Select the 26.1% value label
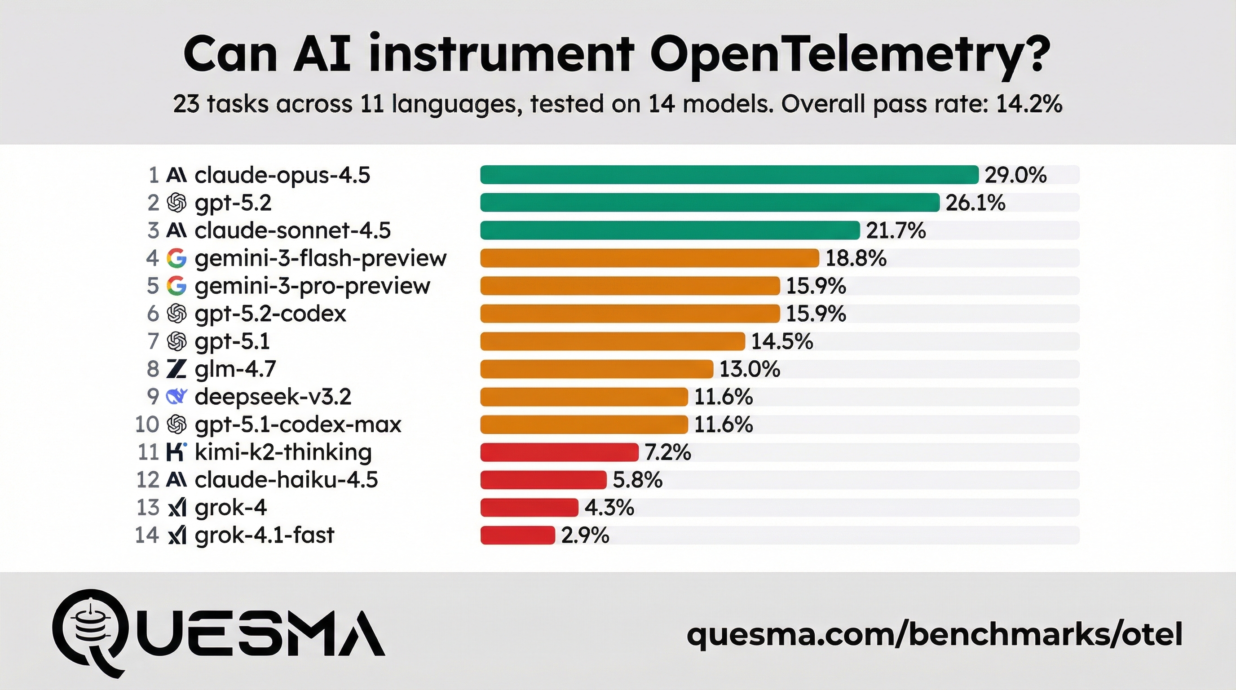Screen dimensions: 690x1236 point(975,203)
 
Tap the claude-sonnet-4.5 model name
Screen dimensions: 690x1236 point(292,230)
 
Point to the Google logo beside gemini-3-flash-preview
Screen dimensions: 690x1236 point(176,258)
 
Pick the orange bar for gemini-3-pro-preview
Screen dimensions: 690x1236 point(630,286)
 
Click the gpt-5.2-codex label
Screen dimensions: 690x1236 point(270,314)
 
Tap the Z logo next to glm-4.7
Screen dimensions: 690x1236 point(176,369)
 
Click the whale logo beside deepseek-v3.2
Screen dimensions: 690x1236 point(176,396)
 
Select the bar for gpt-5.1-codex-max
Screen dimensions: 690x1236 point(583,425)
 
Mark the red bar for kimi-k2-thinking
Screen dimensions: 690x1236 point(559,452)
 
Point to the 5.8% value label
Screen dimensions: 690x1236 point(637,480)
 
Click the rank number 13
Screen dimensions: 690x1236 point(147,508)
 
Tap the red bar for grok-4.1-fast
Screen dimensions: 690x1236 point(517,535)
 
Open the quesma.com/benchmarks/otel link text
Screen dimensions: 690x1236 point(934,634)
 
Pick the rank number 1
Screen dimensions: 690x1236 point(154,175)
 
